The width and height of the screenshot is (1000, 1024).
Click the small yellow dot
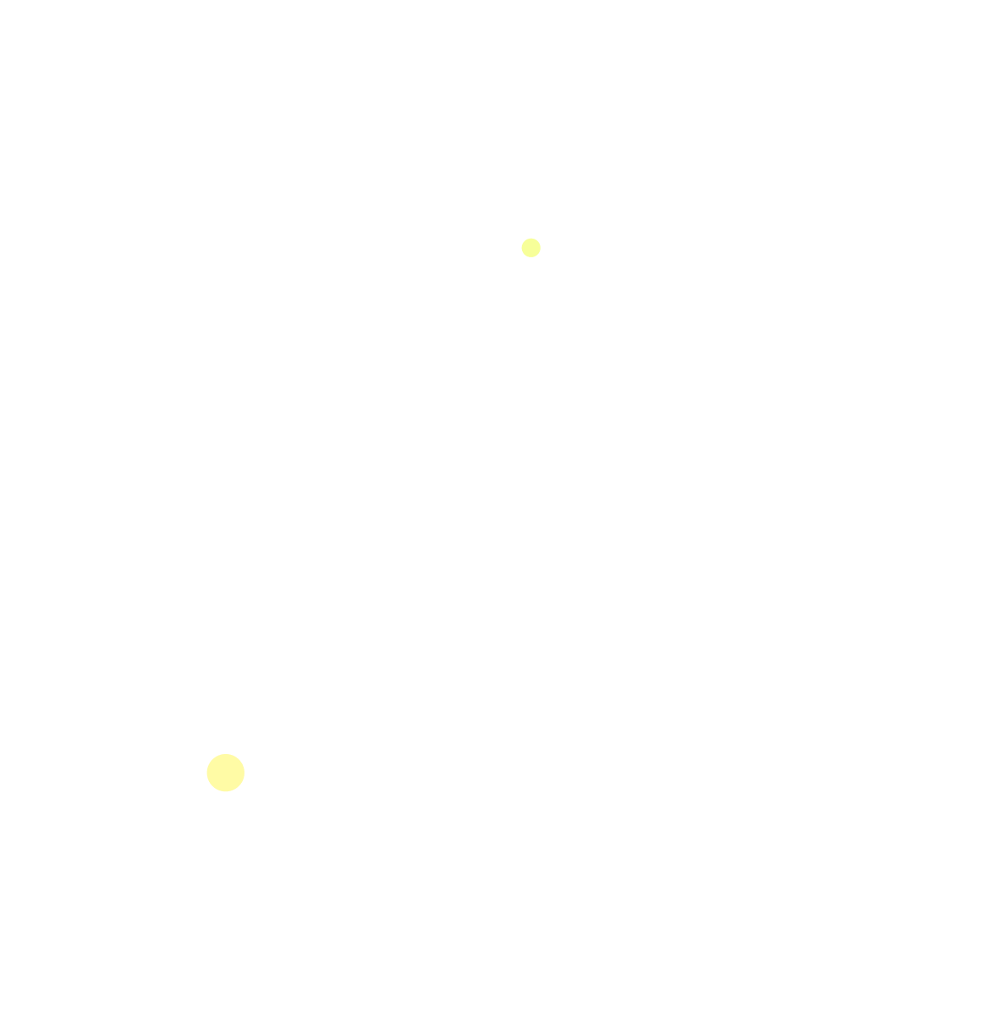(x=530, y=247)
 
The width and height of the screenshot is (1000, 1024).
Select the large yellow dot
(x=226, y=773)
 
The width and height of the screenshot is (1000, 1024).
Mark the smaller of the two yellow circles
(x=530, y=247)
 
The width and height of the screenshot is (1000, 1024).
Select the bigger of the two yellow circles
(x=226, y=773)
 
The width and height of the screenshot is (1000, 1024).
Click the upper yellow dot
(x=530, y=247)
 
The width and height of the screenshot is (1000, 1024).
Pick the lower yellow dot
(x=226, y=773)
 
